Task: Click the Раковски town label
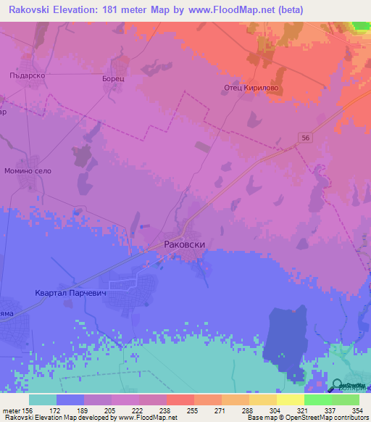[191, 245]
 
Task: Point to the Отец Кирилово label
[250, 88]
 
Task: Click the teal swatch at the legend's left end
[43, 400]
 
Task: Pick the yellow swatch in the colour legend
[291, 400]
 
